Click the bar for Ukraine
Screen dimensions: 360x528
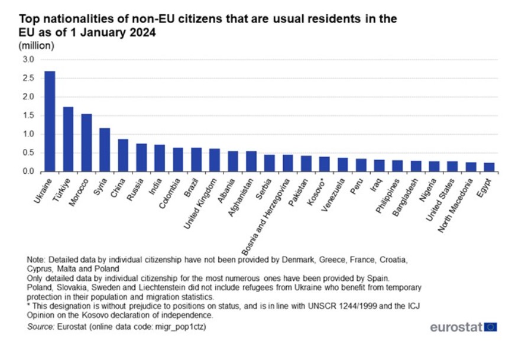click(50, 121)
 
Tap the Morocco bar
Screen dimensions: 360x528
click(86, 142)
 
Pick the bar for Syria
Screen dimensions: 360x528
click(105, 150)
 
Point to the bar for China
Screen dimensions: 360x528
click(123, 155)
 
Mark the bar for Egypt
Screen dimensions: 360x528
click(488, 167)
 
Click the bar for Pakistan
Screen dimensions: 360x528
click(306, 163)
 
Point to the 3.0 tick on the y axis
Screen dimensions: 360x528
click(28, 60)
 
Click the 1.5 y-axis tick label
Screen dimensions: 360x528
click(28, 115)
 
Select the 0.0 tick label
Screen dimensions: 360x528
click(28, 171)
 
